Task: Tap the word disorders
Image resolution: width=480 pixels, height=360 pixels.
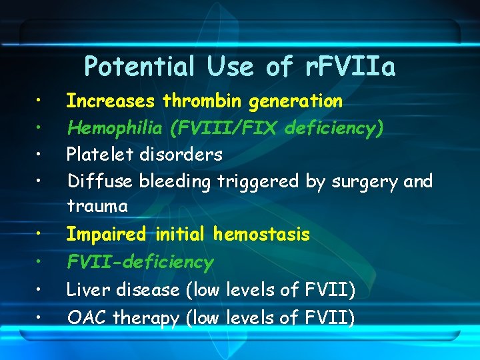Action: pos(181,155)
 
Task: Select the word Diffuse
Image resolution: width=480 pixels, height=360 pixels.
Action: pos(97,181)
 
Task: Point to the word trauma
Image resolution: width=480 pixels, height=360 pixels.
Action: pos(97,207)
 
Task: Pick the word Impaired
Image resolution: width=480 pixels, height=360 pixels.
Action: pos(107,235)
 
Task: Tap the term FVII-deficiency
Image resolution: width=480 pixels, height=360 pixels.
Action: pos(140,262)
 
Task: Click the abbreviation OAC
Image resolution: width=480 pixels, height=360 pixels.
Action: pos(87,318)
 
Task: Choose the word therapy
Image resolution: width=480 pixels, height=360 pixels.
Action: pos(146,319)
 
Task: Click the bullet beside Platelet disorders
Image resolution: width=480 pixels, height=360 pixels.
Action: pos(40,155)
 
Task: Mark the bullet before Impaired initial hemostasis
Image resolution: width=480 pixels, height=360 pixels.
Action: pos(40,235)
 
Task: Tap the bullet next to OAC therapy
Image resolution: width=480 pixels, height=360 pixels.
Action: pos(40,318)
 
